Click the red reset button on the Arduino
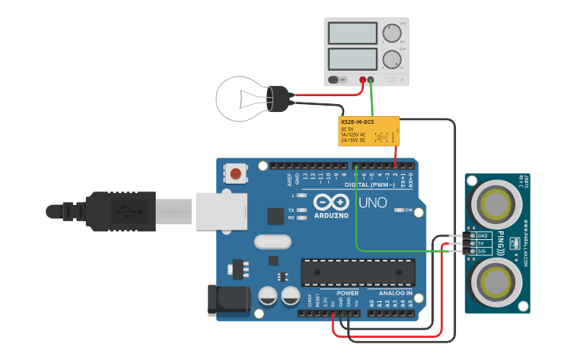click(236, 173)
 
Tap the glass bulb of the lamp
click(242, 99)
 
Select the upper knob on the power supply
click(392, 33)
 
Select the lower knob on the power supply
click(392, 60)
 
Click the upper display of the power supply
click(352, 33)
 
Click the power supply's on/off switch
click(338, 79)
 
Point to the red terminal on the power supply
click(362, 79)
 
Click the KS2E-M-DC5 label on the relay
click(358, 122)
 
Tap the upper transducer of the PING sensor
click(496, 203)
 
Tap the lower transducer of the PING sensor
click(496, 280)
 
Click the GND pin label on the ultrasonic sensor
click(482, 236)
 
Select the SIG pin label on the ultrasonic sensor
click(482, 250)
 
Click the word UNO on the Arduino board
click(373, 203)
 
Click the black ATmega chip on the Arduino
click(358, 272)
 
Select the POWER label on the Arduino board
click(337, 293)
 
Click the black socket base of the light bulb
click(280, 99)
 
